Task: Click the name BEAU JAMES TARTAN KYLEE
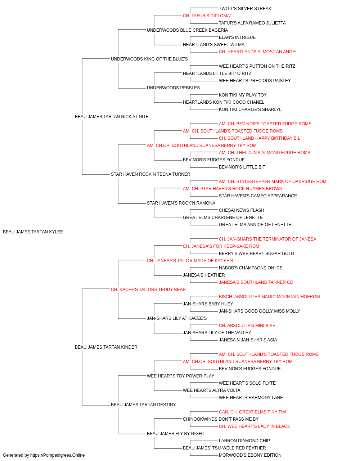(33, 232)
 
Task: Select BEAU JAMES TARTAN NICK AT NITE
(112, 117)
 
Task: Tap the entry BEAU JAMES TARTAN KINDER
(106, 347)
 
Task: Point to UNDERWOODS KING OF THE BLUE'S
(149, 59)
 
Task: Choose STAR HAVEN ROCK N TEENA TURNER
(150, 174)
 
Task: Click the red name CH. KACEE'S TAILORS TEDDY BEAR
(148, 290)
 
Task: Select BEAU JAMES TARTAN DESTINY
(143, 405)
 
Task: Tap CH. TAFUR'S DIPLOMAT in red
(207, 16)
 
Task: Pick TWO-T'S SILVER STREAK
(245, 9)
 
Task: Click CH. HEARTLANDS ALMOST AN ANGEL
(258, 52)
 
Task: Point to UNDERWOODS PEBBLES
(173, 88)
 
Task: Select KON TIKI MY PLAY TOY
(243, 95)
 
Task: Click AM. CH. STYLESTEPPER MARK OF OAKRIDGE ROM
(273, 182)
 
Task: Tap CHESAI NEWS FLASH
(241, 210)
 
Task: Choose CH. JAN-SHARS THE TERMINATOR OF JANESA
(267, 239)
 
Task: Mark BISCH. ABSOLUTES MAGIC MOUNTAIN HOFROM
(269, 297)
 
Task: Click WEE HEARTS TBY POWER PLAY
(180, 376)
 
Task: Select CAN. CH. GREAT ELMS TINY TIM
(252, 412)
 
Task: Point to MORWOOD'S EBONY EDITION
(250, 455)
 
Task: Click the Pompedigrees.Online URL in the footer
(58, 455)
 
